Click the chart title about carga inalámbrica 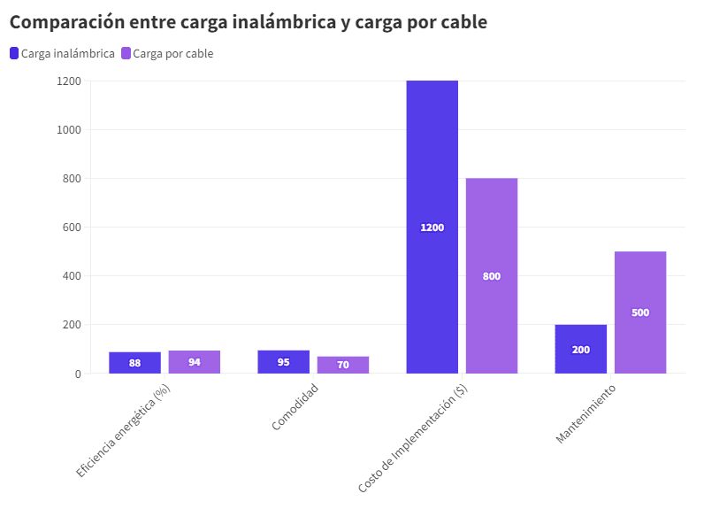pyautogui.click(x=248, y=22)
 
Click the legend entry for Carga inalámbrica pyautogui.click(x=62, y=53)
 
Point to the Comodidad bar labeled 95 pyautogui.click(x=284, y=362)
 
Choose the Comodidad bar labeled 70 pyautogui.click(x=343, y=365)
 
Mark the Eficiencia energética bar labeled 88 pyautogui.click(x=135, y=363)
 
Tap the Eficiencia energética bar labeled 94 pyautogui.click(x=195, y=362)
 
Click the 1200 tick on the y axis pyautogui.click(x=69, y=81)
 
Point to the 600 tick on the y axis pyautogui.click(x=72, y=228)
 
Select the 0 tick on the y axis pyautogui.click(x=77, y=374)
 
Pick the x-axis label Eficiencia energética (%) pyautogui.click(x=124, y=431)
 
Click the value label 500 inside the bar pyautogui.click(x=640, y=312)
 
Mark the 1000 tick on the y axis pyautogui.click(x=69, y=130)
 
